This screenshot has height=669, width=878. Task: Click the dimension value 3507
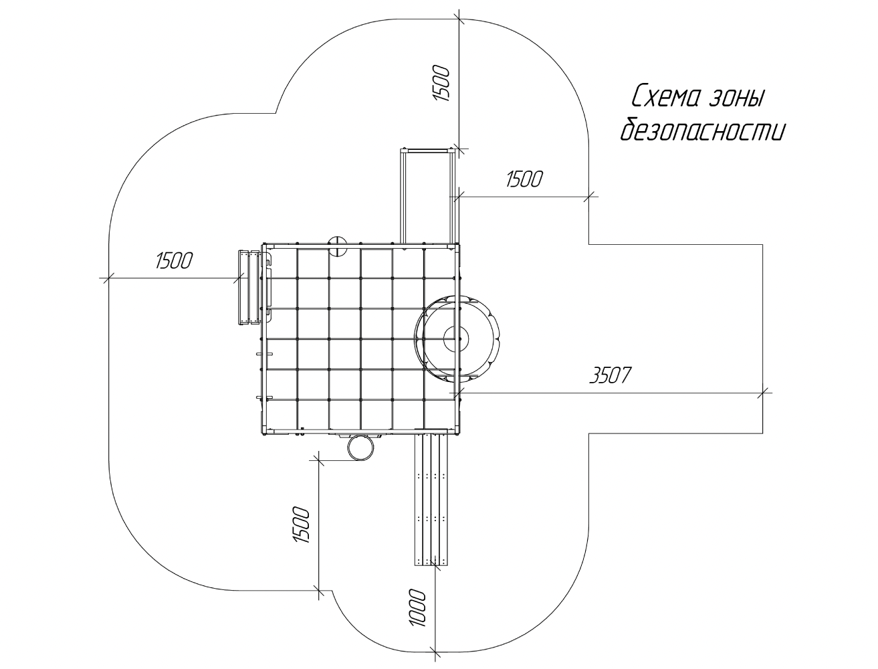(610, 376)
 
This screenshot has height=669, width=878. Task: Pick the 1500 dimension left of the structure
(174, 261)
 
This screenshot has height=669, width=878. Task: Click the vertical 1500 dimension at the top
(441, 84)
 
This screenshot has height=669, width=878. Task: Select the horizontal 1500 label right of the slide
(524, 179)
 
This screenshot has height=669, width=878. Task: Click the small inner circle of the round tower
(455, 339)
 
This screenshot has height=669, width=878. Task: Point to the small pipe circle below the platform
(361, 448)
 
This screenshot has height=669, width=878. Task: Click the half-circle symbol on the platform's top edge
(337, 246)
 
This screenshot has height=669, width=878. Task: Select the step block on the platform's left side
(249, 288)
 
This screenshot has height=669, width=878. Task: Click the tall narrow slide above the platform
(427, 195)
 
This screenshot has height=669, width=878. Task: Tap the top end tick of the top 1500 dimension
(459, 19)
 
